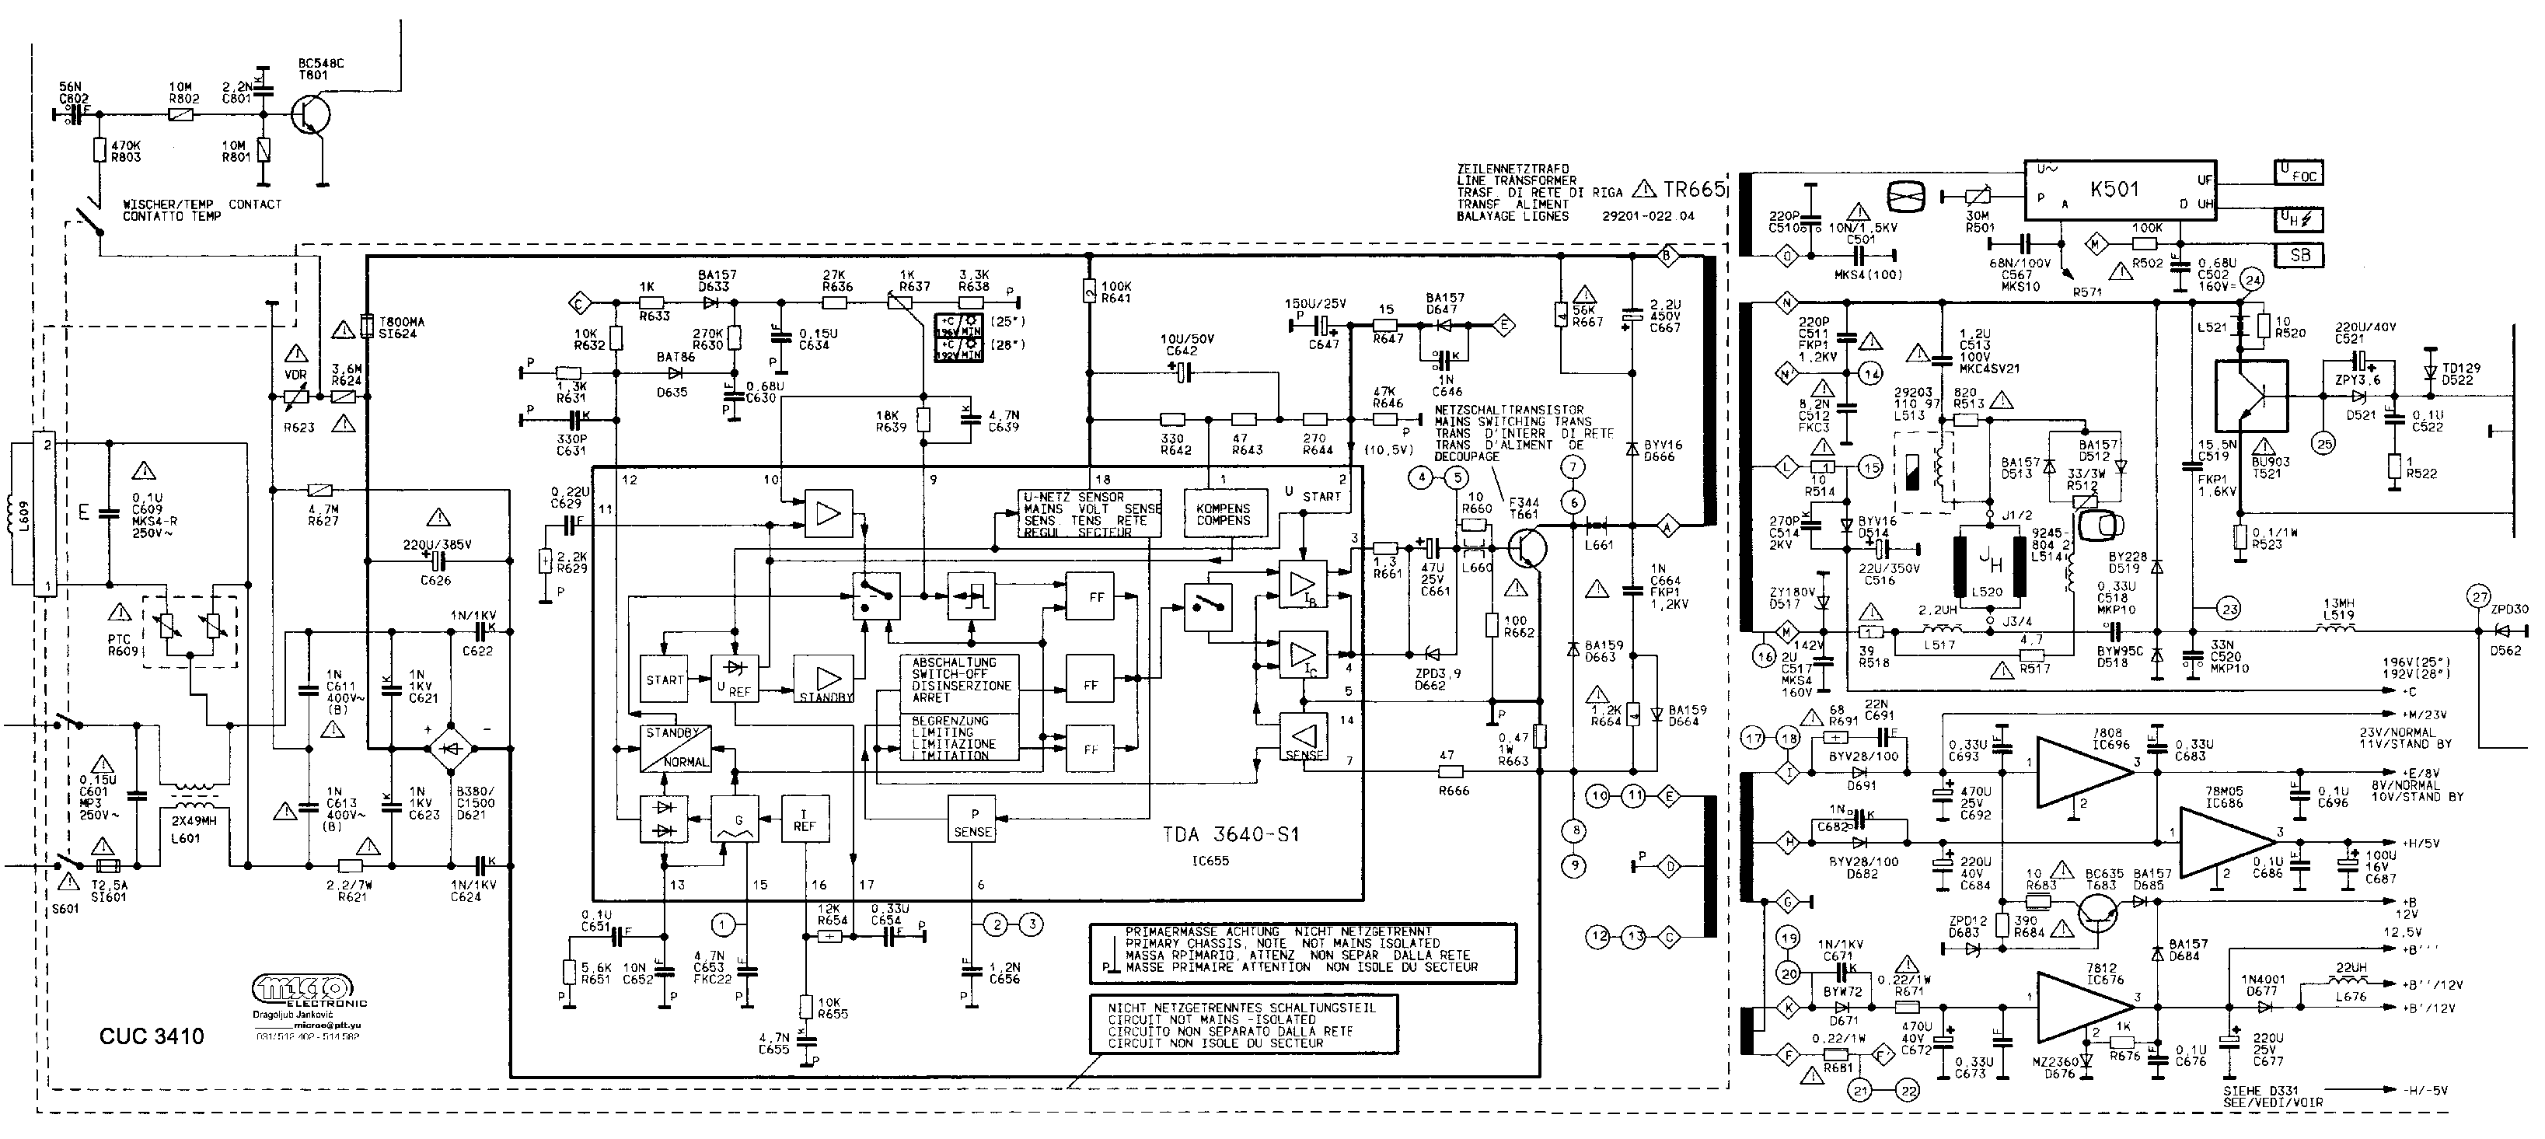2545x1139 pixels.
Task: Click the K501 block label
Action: pyautogui.click(x=2114, y=190)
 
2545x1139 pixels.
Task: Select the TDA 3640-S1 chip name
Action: pyautogui.click(x=1229, y=835)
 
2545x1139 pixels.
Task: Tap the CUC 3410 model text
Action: pyautogui.click(x=151, y=1036)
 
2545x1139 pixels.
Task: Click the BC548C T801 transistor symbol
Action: pyautogui.click(x=312, y=114)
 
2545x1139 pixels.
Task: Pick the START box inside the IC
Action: pyautogui.click(x=664, y=680)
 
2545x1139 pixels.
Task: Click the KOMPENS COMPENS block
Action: pyautogui.click(x=1223, y=514)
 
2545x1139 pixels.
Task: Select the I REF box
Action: pyautogui.click(x=805, y=819)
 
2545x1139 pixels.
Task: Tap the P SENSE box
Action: pyautogui.click(x=972, y=819)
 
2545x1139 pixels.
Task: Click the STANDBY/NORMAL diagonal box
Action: pyautogui.click(x=675, y=748)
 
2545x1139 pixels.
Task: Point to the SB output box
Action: pyautogui.click(x=2299, y=255)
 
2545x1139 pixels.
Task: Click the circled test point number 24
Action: pyautogui.click(x=2252, y=281)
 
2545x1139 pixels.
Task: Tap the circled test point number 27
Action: pyautogui.click(x=2479, y=596)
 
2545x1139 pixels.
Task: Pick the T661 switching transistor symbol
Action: pyautogui.click(x=1527, y=548)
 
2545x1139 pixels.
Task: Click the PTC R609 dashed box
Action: pyautogui.click(x=190, y=631)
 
